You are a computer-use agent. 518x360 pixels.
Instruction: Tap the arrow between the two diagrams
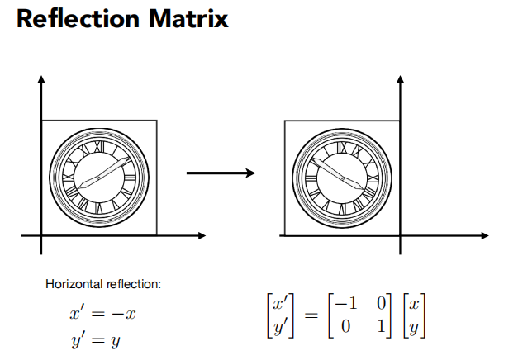(x=218, y=173)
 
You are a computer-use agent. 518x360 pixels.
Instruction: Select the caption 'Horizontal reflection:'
(x=103, y=285)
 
